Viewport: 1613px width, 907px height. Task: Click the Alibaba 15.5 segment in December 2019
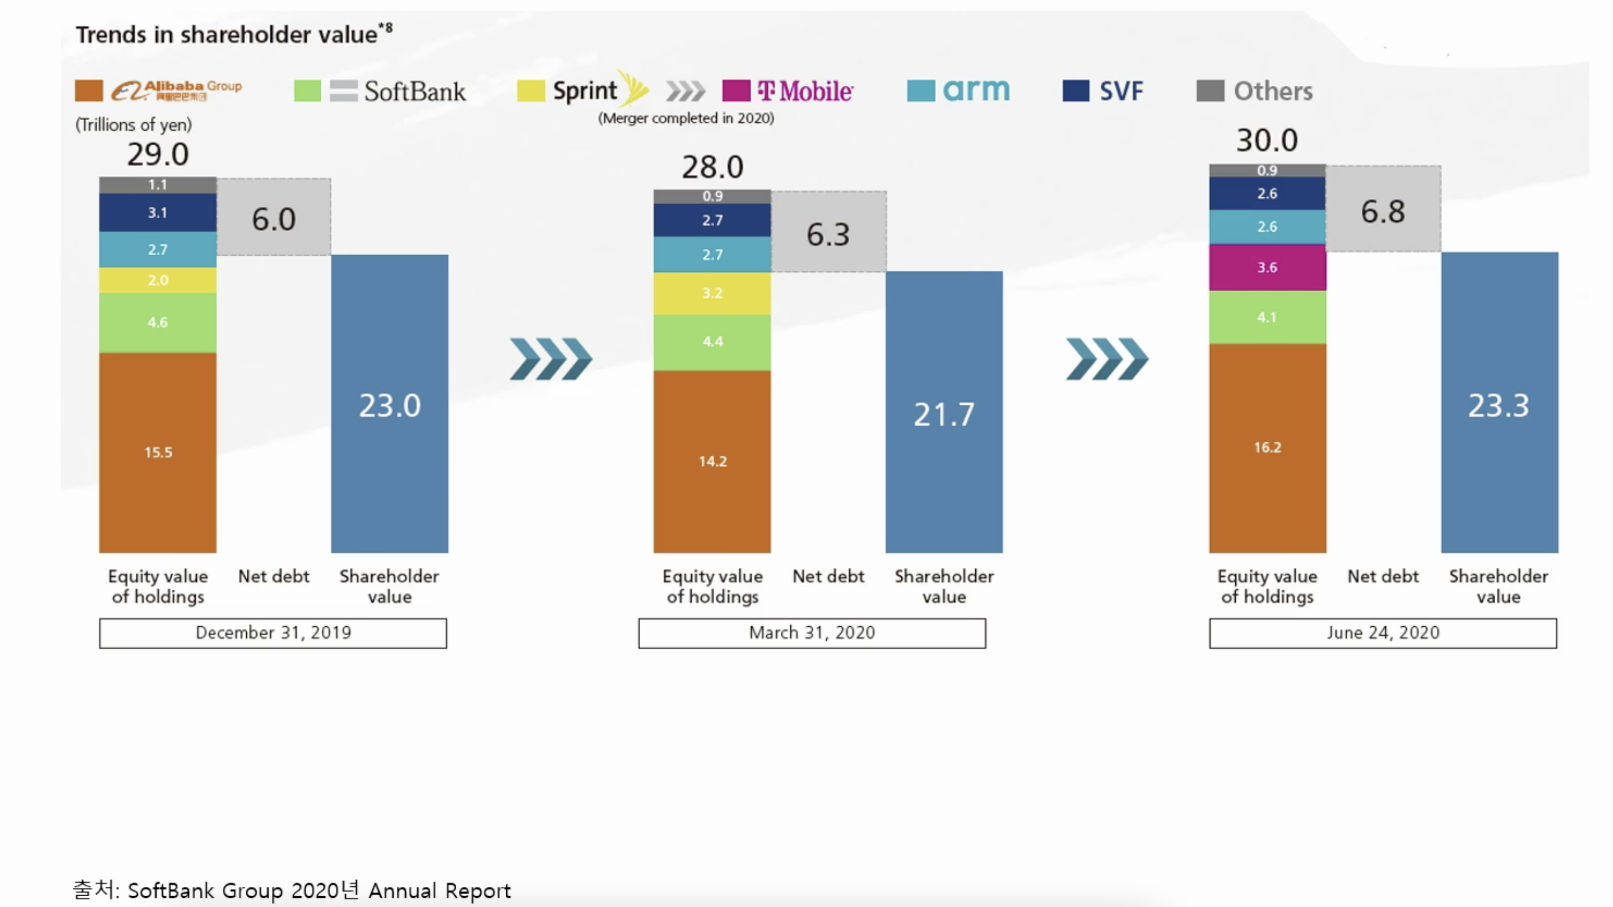click(158, 452)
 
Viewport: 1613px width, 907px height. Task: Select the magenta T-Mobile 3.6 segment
click(1267, 267)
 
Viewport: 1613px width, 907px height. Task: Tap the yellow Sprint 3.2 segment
click(712, 293)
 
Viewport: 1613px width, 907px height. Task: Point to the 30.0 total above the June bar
click(1267, 140)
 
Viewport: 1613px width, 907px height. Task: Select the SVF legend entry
click(1104, 91)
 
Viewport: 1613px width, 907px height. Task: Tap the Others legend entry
click(1254, 91)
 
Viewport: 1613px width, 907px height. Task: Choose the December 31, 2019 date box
click(273, 633)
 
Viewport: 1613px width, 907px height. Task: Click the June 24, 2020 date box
click(1382, 633)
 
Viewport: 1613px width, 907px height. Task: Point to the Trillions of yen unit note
click(133, 125)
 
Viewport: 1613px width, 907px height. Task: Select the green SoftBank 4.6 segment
click(158, 322)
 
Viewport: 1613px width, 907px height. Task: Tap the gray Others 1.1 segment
click(158, 185)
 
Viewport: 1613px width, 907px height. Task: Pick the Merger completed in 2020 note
click(686, 118)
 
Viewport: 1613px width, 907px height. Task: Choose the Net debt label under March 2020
click(828, 576)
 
